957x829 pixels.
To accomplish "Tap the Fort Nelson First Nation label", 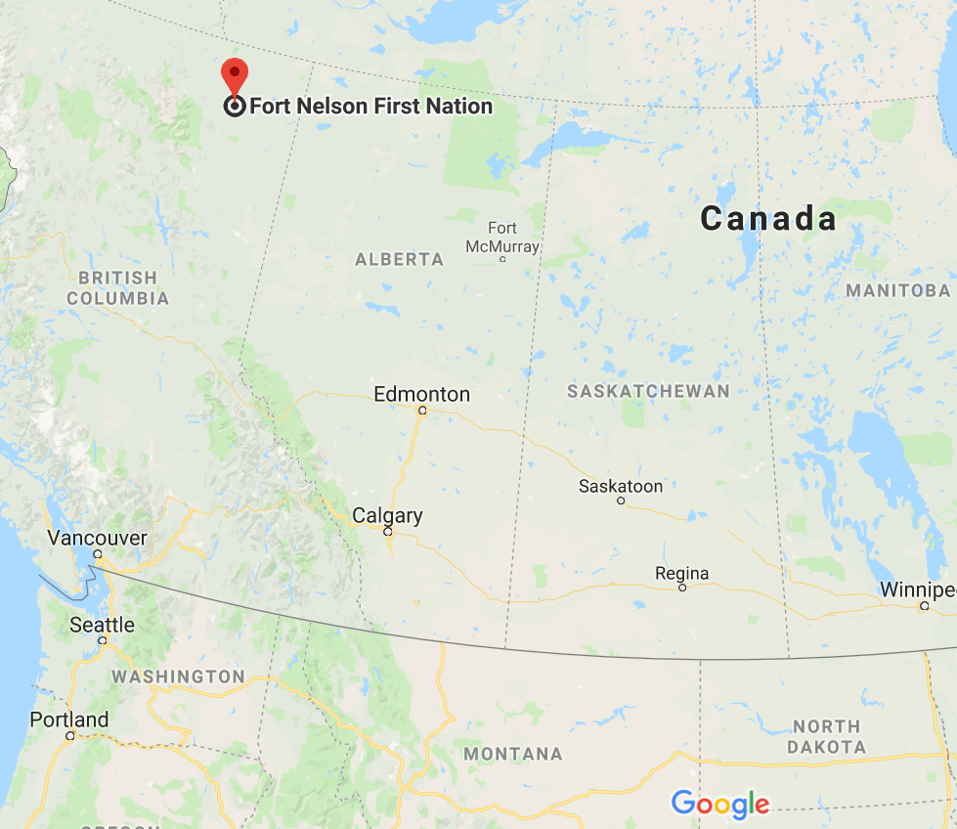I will point(370,107).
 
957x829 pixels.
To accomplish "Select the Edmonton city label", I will point(421,395).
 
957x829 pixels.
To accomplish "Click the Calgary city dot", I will point(388,532).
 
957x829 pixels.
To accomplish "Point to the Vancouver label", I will point(98,538).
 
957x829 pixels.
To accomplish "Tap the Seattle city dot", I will point(103,640).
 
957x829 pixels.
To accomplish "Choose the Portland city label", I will point(69,720).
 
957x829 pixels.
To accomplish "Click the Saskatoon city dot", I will point(621,501).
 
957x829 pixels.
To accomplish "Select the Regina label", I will point(683,573).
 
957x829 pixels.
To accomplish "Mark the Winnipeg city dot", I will point(924,606).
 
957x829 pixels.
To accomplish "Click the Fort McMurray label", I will point(502,238).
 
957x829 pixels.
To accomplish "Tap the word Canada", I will point(768,219).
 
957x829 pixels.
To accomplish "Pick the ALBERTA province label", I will point(399,260).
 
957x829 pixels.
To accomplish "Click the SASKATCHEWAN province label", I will point(648,391).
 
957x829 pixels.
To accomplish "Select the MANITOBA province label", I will point(897,290).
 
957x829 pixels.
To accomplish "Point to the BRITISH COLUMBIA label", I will point(118,288).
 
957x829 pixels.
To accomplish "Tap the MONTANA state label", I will point(513,754).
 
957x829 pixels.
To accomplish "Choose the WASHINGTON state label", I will point(178,676).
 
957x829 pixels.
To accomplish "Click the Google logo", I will point(719,805).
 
